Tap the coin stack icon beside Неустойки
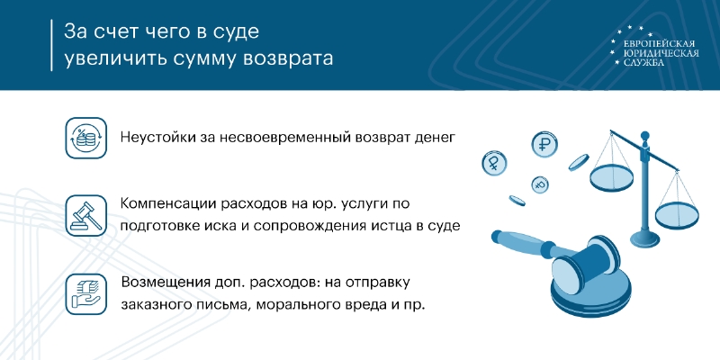coord(85,138)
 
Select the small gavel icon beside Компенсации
coord(85,215)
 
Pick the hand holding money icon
coord(85,294)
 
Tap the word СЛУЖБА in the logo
coord(643,62)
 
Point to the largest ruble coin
coord(544,144)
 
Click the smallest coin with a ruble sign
coord(541,185)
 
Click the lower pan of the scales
coord(677,215)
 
